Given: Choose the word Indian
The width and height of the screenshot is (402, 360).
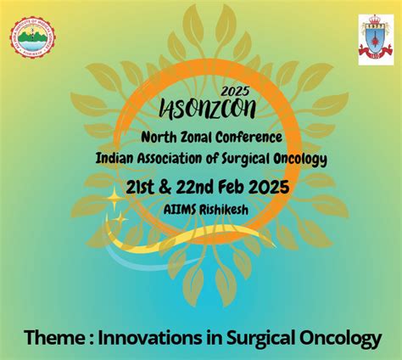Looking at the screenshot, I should [x=117, y=158].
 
